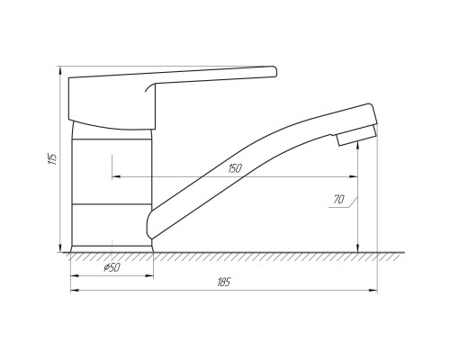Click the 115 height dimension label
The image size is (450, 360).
52,158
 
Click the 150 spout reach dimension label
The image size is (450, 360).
235,168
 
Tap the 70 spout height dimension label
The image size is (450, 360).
338,199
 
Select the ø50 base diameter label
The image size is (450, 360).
112,267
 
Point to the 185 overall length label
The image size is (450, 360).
224,282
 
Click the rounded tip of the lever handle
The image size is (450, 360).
274,72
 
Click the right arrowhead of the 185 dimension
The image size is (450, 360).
373,290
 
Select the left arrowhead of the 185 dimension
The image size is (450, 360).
75,290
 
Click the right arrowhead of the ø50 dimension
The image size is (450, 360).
149,275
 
